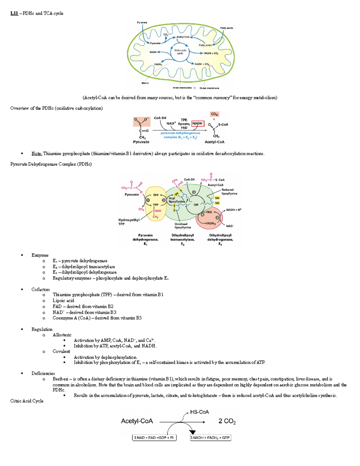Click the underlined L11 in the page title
(x=14, y=13)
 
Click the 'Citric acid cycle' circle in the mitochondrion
(x=180, y=52)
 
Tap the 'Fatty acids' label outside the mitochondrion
(x=226, y=28)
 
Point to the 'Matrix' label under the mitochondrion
(x=145, y=83)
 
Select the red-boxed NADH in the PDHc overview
(x=197, y=123)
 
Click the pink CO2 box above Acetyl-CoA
(x=214, y=114)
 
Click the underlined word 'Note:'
(x=37, y=154)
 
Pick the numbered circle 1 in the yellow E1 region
(x=148, y=200)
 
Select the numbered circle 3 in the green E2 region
(x=194, y=192)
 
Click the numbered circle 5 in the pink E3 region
(x=217, y=218)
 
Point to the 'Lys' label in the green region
(x=196, y=205)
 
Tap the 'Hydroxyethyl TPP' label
(x=129, y=222)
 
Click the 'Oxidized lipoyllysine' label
(x=182, y=226)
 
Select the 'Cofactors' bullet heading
(x=40, y=290)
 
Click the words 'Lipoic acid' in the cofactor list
(x=63, y=301)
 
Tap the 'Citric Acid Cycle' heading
(x=27, y=401)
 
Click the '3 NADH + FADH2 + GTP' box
(x=210, y=438)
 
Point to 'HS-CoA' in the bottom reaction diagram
(x=199, y=412)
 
